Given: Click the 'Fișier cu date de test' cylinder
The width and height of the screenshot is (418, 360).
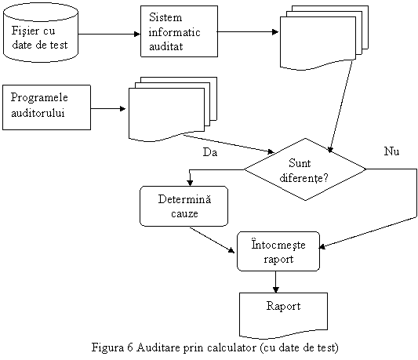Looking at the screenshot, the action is [41, 32].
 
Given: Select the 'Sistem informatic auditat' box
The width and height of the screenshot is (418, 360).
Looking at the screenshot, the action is [179, 31].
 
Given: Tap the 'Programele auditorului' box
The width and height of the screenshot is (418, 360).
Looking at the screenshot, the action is [46, 107].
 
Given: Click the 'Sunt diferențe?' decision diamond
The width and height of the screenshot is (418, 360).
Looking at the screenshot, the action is [305, 169].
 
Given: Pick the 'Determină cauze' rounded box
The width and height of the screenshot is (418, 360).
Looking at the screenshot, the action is [184, 206].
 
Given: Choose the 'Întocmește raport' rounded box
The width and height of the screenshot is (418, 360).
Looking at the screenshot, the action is [278, 251].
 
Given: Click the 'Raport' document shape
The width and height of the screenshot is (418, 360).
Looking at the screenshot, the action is [283, 315].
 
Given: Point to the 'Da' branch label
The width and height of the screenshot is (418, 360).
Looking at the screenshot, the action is [210, 152].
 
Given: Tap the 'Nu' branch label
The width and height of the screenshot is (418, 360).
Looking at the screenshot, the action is [391, 151].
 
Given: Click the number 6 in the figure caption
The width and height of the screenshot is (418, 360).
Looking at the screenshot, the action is [130, 347].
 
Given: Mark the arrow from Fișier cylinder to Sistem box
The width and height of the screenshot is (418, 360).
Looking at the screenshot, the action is [109, 35].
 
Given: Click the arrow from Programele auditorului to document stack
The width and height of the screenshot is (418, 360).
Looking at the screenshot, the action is [108, 108].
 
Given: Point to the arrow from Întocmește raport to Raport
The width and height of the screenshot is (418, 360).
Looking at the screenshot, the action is [275, 282].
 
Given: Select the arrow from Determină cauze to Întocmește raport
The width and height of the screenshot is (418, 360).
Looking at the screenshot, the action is [213, 240].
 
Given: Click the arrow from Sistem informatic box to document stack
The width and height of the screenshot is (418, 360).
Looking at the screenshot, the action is [248, 32].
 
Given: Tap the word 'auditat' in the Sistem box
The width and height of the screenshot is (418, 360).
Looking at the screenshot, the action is [165, 47].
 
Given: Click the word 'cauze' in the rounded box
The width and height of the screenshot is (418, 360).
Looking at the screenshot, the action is [184, 214].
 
